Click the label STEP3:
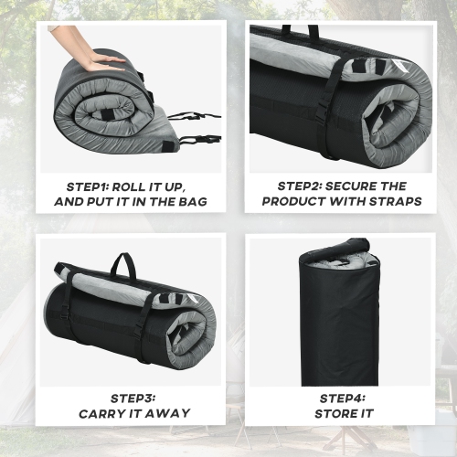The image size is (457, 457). pyautogui.click(x=133, y=398)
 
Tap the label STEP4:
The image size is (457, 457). pyautogui.click(x=343, y=398)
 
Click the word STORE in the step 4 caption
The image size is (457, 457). pyautogui.click(x=335, y=413)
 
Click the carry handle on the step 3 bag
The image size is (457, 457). pyautogui.click(x=122, y=264)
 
